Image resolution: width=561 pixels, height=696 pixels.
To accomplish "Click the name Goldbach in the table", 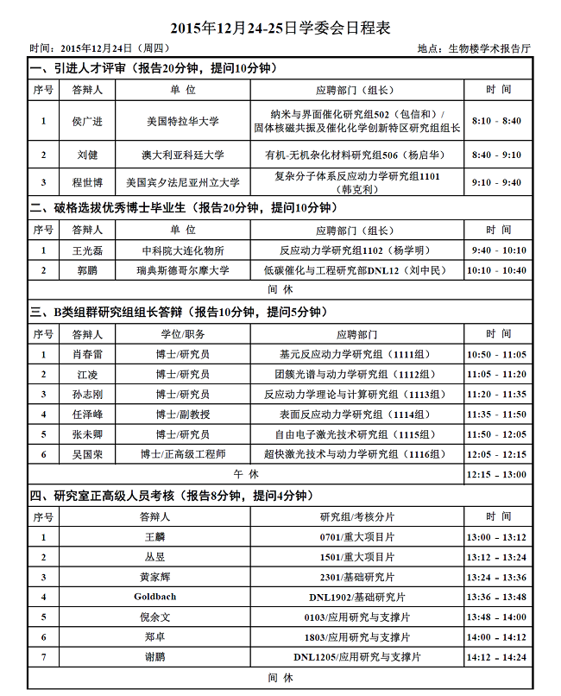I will tap(154, 597).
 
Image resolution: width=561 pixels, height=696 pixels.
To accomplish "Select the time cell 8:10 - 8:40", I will tap(498, 122).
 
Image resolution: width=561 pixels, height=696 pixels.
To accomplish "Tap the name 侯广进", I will tap(87, 122).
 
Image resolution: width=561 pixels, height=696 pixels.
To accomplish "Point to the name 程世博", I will tap(87, 183).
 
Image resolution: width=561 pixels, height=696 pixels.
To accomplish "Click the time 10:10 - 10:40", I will tap(498, 270).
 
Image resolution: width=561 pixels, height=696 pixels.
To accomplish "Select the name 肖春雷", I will tap(87, 354).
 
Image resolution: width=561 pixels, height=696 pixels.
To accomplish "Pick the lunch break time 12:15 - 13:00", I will tap(498, 474).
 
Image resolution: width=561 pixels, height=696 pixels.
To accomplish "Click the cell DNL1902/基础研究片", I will tap(357, 597).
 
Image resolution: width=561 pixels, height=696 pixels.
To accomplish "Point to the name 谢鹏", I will tap(154, 657).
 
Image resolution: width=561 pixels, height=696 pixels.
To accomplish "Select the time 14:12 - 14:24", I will tap(498, 657).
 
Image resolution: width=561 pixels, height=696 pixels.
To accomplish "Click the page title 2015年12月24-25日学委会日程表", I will tap(280, 28).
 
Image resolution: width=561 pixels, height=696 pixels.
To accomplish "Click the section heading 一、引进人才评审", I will tap(79, 68).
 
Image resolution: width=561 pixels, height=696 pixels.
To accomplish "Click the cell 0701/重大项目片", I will tap(357, 536).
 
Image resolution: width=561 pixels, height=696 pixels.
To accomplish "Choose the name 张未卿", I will tap(87, 434).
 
